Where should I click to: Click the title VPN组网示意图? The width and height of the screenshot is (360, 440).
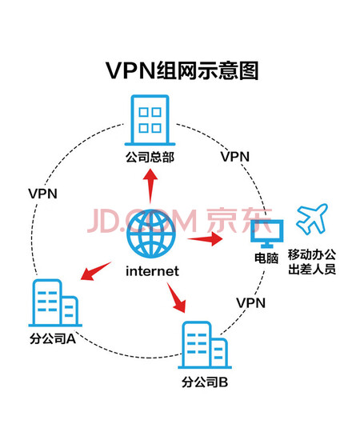click(x=182, y=70)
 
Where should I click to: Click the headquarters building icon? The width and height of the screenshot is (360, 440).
click(x=150, y=120)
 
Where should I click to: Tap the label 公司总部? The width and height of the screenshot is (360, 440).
click(x=150, y=157)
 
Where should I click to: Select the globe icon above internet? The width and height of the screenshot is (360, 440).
click(x=151, y=234)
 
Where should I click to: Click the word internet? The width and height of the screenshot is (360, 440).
click(x=152, y=271)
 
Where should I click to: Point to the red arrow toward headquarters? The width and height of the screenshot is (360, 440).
click(x=150, y=186)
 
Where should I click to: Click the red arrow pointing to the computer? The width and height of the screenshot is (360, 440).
click(x=205, y=239)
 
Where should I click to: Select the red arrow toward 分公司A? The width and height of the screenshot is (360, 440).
click(x=96, y=270)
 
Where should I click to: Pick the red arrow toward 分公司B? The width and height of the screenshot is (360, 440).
click(x=177, y=298)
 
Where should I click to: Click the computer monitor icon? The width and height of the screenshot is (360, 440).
click(x=266, y=234)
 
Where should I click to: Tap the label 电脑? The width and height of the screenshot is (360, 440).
click(x=266, y=258)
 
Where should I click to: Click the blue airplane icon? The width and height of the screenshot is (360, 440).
click(x=312, y=219)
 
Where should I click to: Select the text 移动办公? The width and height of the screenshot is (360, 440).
click(x=312, y=254)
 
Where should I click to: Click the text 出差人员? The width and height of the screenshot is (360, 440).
click(x=312, y=270)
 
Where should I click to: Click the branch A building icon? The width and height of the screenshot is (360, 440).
click(x=55, y=302)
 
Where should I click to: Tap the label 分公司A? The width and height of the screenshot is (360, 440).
click(x=53, y=338)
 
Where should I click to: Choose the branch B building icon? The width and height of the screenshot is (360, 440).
click(x=205, y=345)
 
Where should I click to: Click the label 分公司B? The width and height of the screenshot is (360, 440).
click(x=205, y=382)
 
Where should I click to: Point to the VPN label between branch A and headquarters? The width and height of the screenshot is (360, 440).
click(x=42, y=194)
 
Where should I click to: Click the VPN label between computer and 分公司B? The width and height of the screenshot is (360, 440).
click(x=251, y=303)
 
